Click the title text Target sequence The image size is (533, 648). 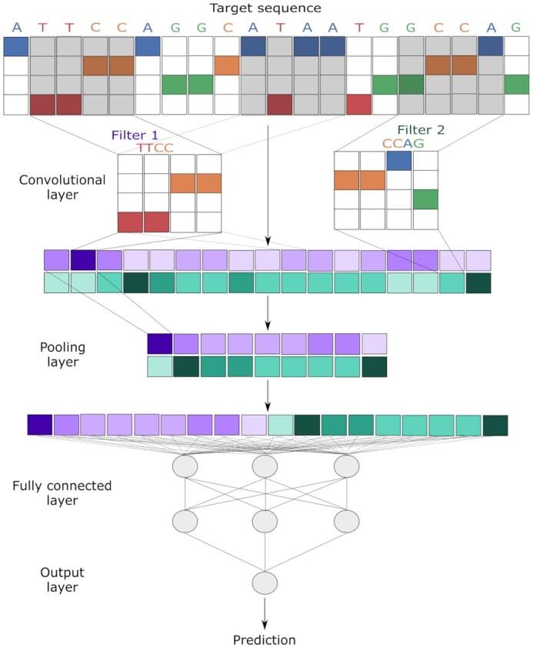click(x=265, y=9)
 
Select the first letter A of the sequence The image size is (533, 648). click(x=16, y=28)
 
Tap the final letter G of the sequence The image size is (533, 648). click(x=516, y=28)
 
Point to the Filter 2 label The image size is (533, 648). click(x=421, y=130)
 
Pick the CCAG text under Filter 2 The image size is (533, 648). click(x=404, y=143)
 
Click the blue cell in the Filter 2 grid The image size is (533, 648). click(x=399, y=160)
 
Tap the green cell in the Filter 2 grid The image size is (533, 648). click(x=425, y=200)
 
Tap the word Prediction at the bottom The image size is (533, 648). click(x=265, y=639)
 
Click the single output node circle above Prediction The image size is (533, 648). click(x=265, y=582)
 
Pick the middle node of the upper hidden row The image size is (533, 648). click(x=265, y=466)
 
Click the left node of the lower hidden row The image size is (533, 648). click(x=185, y=521)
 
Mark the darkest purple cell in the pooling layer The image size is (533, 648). click(x=160, y=343)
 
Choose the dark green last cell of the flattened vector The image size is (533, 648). click(x=495, y=425)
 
